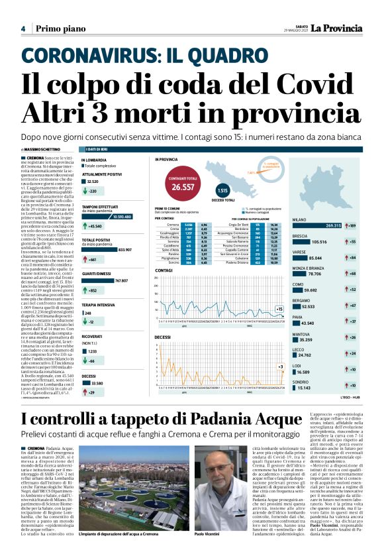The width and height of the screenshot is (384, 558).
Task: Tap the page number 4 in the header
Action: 23,28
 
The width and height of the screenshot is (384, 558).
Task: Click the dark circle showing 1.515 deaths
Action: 222,192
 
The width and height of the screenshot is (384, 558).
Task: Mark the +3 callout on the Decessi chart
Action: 280,366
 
